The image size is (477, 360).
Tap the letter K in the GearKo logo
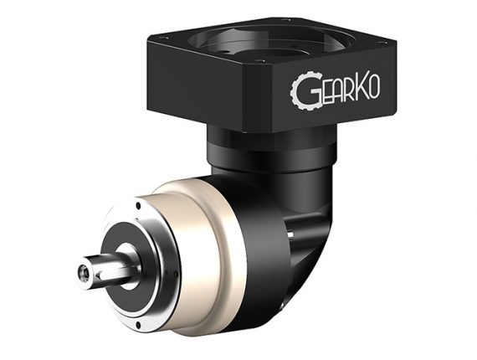(x=362, y=88)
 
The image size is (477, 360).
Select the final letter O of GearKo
(x=375, y=87)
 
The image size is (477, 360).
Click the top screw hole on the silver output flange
(x=138, y=205)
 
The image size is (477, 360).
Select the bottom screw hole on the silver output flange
(x=138, y=326)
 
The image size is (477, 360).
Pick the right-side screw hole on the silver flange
(x=176, y=274)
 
